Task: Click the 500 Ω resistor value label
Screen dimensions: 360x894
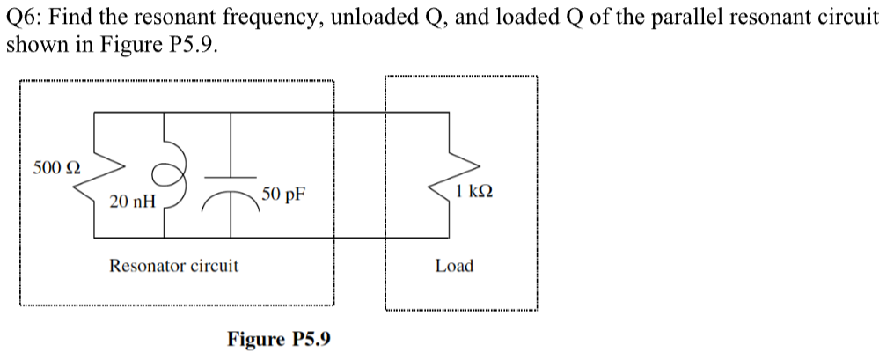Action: pyautogui.click(x=56, y=166)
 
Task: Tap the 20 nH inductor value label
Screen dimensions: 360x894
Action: pyautogui.click(x=133, y=202)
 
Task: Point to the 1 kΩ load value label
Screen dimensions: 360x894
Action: pyautogui.click(x=474, y=190)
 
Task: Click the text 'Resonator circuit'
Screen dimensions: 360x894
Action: pyautogui.click(x=173, y=265)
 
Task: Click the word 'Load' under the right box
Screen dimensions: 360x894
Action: pyautogui.click(x=454, y=265)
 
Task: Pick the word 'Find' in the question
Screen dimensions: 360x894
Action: pyautogui.click(x=77, y=18)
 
